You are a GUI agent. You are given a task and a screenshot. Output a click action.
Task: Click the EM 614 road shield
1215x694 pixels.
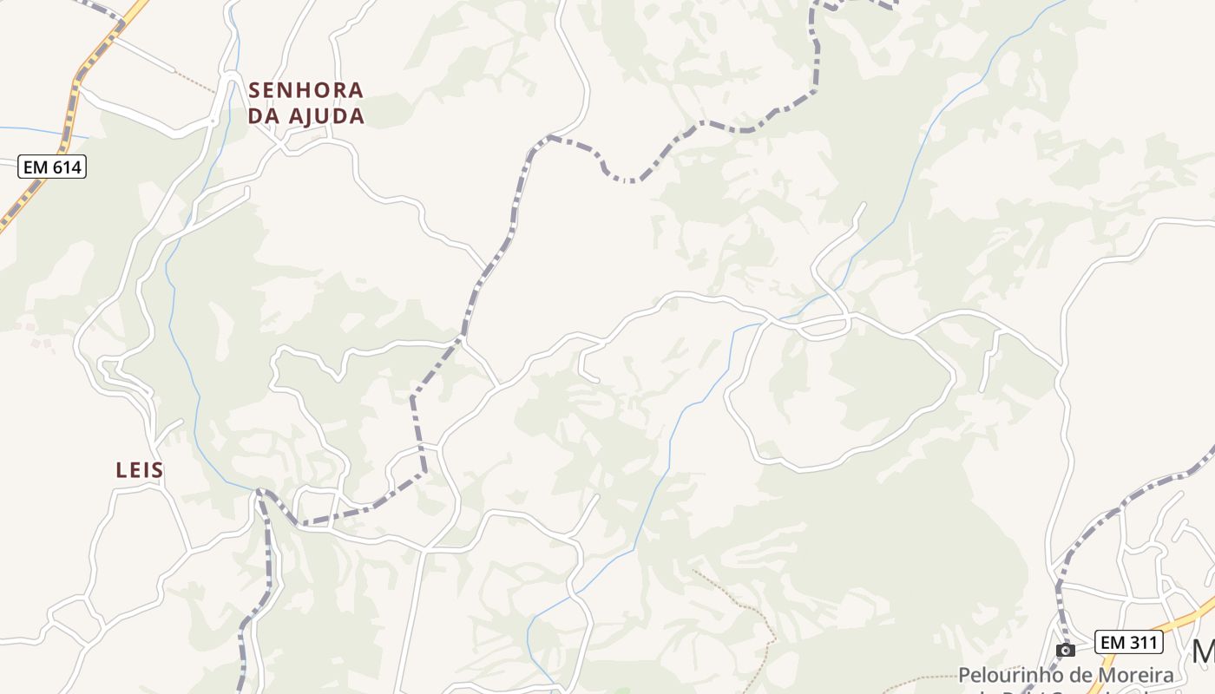pyautogui.click(x=52, y=167)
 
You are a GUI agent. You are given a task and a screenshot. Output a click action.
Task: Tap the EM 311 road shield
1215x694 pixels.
pyautogui.click(x=1128, y=642)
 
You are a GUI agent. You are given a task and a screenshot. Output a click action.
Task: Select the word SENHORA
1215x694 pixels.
pyautogui.click(x=306, y=89)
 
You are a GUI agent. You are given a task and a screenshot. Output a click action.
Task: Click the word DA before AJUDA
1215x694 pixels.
pyautogui.click(x=262, y=115)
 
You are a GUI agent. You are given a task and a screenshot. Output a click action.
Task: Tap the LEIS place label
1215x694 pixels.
pyautogui.click(x=140, y=470)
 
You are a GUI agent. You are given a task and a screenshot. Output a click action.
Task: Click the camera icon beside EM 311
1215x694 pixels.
pyautogui.click(x=1066, y=649)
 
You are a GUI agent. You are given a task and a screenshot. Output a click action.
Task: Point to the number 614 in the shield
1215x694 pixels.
pyautogui.click(x=67, y=167)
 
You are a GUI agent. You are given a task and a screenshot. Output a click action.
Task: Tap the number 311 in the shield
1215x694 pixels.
pyautogui.click(x=1143, y=642)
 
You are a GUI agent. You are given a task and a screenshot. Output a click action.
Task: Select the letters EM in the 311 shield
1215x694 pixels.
pyautogui.click(x=1112, y=642)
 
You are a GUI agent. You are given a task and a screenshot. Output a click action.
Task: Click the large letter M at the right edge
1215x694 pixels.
pyautogui.click(x=1204, y=651)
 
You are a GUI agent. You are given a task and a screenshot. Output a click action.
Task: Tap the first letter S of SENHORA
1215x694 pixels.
pyautogui.click(x=255, y=89)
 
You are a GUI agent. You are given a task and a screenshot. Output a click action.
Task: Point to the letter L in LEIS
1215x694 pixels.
pyautogui.click(x=121, y=470)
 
